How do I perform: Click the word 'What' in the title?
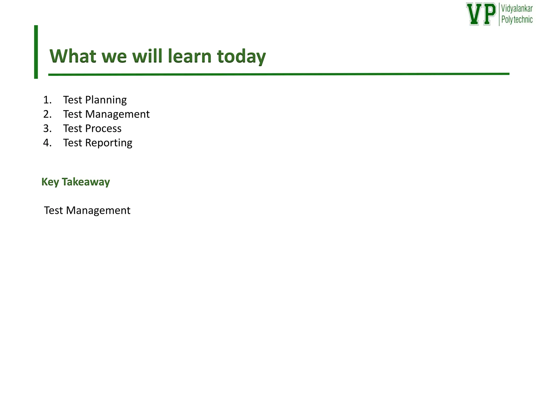point(73,56)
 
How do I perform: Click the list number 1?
point(47,100)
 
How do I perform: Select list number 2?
point(47,114)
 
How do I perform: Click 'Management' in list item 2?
point(117,114)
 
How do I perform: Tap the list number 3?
point(47,129)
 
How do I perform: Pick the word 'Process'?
point(103,129)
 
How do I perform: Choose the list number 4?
point(47,143)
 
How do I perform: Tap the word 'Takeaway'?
point(86,182)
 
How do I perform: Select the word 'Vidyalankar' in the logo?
point(517,9)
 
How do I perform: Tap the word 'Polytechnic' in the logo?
point(517,20)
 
